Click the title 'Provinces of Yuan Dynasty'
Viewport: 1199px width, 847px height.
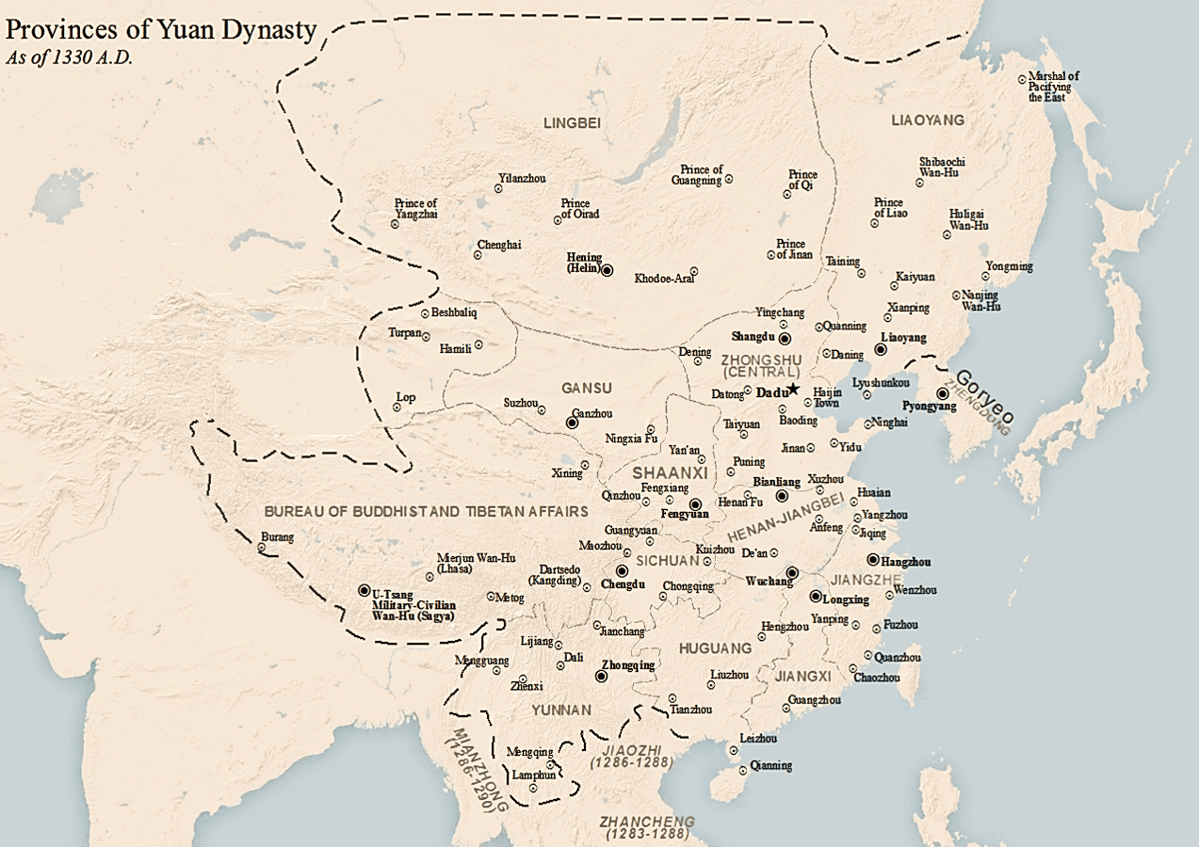160,30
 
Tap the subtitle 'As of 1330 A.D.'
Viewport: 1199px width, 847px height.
70,56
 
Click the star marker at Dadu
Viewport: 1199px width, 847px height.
794,389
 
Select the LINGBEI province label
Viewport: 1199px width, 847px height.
572,122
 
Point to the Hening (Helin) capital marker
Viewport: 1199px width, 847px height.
608,270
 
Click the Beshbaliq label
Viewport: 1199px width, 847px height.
456,312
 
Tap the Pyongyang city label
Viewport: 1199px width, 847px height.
930,407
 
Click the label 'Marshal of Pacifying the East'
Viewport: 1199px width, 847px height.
1053,86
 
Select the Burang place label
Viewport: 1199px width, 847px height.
277,537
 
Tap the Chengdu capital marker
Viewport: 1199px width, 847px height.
622,571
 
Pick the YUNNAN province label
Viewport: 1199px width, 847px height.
560,710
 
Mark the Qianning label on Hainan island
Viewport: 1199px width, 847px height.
771,766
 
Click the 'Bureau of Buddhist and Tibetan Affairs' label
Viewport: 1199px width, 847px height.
426,511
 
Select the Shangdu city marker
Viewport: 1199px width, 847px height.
785,338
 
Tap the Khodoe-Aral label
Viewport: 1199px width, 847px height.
664,279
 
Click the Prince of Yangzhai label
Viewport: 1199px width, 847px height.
415,209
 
